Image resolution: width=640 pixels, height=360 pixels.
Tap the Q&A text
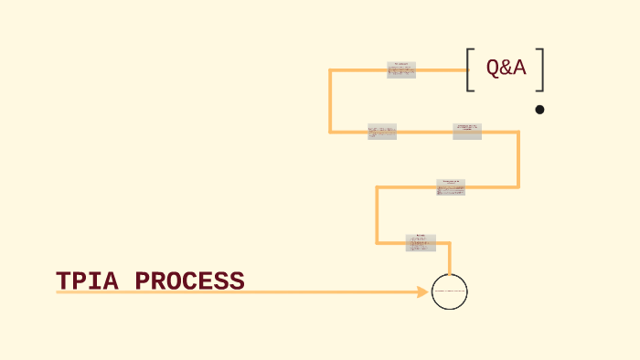coord(506,67)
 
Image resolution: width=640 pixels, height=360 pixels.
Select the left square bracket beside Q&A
coord(470,70)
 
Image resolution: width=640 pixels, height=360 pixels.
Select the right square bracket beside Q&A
coord(541,70)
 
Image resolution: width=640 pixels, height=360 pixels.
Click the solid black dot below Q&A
coord(539,110)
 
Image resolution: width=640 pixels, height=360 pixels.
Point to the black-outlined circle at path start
coord(449,291)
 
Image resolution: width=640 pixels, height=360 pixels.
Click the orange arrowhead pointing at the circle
coord(422,292)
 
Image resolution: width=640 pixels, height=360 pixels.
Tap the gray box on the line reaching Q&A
coord(401,70)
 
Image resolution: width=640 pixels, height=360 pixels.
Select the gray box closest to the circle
coord(421,243)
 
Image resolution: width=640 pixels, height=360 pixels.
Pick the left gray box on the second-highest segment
coord(382,132)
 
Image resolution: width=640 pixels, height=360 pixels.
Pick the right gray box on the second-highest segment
coord(467,132)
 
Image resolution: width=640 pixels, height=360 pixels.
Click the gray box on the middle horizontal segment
coord(451,187)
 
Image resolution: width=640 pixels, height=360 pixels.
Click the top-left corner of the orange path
coord(331,70)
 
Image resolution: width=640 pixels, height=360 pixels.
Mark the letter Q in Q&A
coord(493,67)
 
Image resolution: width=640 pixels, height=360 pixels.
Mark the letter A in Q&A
coord(518,67)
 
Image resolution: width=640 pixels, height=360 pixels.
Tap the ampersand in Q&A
coord(506,67)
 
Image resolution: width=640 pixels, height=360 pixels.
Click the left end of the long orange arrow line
coord(58,292)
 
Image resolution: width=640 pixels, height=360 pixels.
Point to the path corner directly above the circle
coord(449,243)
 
